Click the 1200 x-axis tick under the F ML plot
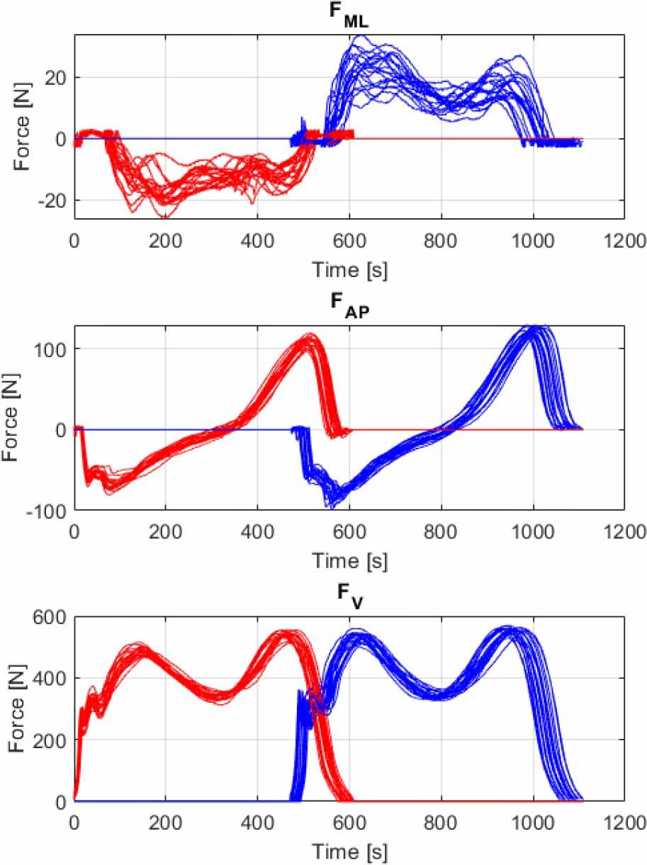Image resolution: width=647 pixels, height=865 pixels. (624, 241)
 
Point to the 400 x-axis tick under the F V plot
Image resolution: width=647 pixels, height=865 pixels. (257, 824)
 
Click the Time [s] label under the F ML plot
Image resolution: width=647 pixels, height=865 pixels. (350, 269)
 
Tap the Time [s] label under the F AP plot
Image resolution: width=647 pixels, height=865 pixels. (350, 560)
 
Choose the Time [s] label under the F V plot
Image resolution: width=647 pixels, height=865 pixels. (350, 852)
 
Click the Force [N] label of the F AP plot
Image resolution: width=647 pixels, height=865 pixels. (13, 418)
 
